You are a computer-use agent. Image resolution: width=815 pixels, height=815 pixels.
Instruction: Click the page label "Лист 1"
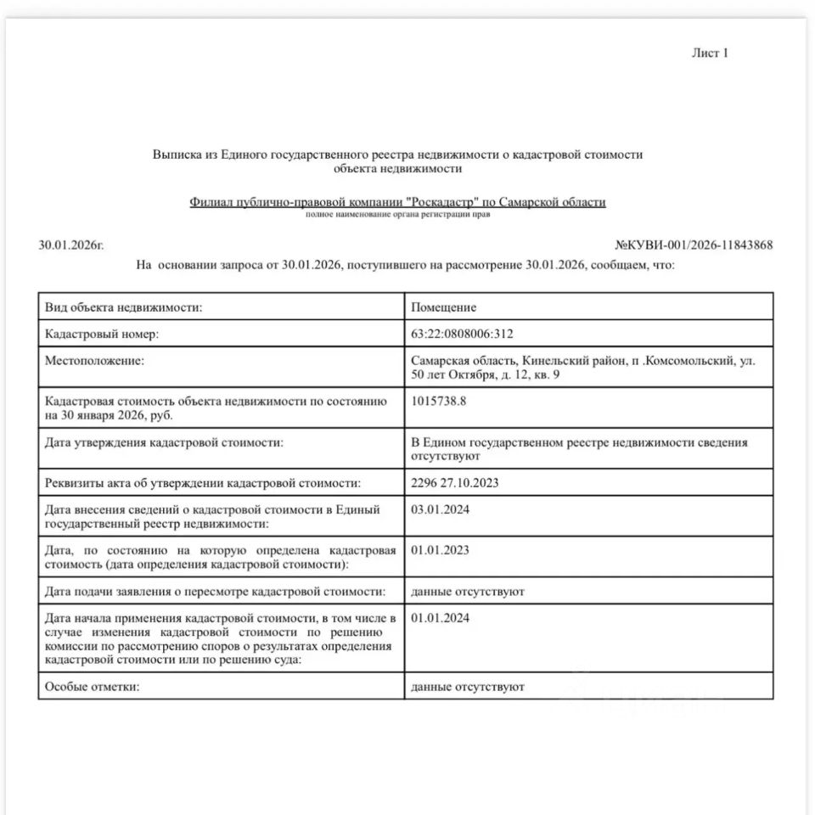711,53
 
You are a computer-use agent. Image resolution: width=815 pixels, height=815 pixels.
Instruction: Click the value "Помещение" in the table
443,307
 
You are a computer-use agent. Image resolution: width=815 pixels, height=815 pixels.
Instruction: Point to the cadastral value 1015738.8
438,402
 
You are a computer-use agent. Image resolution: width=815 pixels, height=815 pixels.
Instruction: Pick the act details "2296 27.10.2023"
454,483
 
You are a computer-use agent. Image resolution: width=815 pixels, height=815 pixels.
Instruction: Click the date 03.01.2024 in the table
440,510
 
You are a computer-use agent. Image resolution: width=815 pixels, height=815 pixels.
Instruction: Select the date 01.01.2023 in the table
440,550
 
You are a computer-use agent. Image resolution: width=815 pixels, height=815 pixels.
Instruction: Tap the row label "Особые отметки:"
91,686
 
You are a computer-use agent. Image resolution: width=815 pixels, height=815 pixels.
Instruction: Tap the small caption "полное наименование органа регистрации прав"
397,214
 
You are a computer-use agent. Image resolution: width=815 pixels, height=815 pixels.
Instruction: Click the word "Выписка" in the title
177,155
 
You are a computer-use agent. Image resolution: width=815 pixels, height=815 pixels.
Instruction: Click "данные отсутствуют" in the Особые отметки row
467,686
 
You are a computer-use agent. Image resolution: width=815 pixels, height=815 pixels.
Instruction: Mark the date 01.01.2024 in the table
440,618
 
